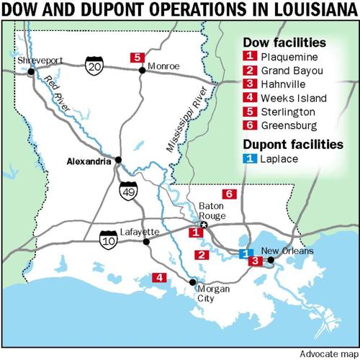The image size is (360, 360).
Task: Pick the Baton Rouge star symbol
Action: point(203,225)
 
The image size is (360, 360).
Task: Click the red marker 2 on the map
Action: point(203,254)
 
